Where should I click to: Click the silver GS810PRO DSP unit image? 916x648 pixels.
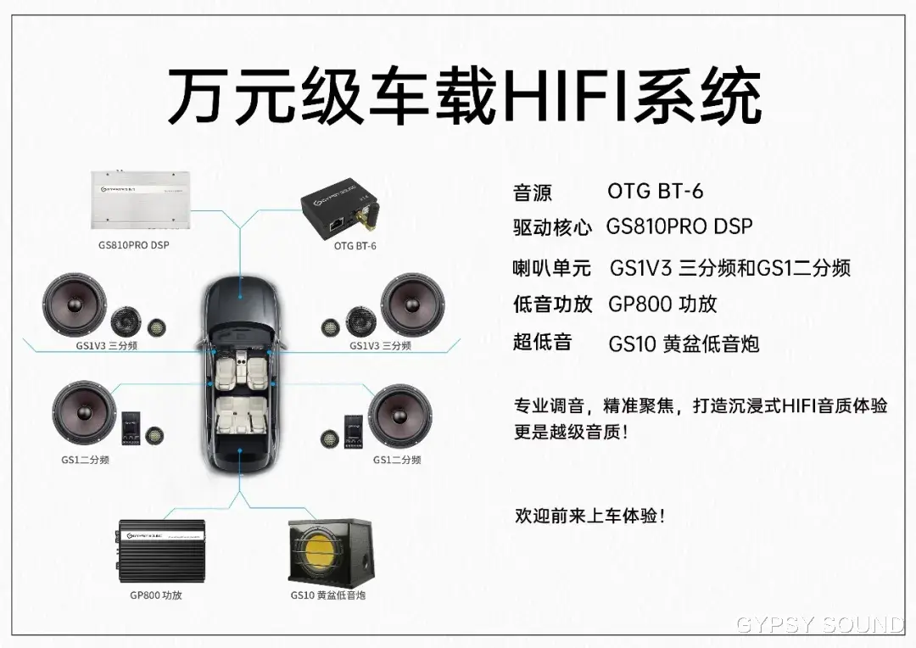[140, 200]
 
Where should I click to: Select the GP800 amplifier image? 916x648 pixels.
[162, 550]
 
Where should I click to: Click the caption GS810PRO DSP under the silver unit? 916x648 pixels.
[134, 245]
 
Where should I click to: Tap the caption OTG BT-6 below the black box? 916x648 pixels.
[355, 246]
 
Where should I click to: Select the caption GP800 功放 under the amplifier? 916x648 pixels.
[156, 595]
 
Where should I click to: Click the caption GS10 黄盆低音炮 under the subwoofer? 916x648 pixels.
[328, 595]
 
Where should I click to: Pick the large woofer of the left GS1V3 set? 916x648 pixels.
[75, 305]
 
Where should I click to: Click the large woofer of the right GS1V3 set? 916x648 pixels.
[412, 305]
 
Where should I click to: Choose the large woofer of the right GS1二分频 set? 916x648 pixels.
[400, 415]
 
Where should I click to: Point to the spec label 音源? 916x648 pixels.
[532, 193]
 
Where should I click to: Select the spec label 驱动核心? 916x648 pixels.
[552, 227]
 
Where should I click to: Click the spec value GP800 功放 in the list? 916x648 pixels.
[662, 304]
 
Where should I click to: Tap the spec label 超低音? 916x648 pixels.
[542, 343]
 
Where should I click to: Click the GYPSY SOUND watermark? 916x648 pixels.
[820, 625]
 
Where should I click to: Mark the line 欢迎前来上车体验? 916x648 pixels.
[589, 516]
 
